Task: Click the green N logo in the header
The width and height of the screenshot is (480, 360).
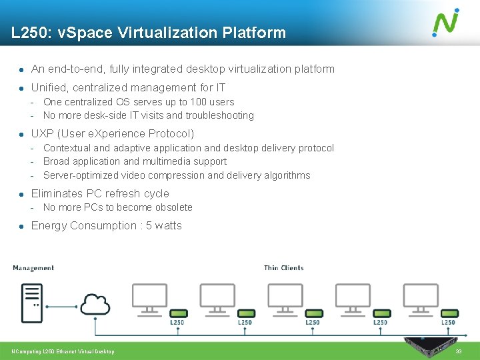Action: point(445,22)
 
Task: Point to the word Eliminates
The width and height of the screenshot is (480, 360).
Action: point(57,193)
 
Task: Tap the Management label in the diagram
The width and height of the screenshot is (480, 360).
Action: point(33,268)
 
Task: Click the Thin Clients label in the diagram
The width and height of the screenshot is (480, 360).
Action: point(283,268)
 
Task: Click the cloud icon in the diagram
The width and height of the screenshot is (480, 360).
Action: point(95,304)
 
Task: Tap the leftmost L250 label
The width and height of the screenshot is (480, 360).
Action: point(177,323)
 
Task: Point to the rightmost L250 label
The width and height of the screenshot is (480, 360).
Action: point(448,323)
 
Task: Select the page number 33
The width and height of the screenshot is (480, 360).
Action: point(458,351)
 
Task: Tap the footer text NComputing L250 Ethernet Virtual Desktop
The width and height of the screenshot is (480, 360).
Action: point(63,351)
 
